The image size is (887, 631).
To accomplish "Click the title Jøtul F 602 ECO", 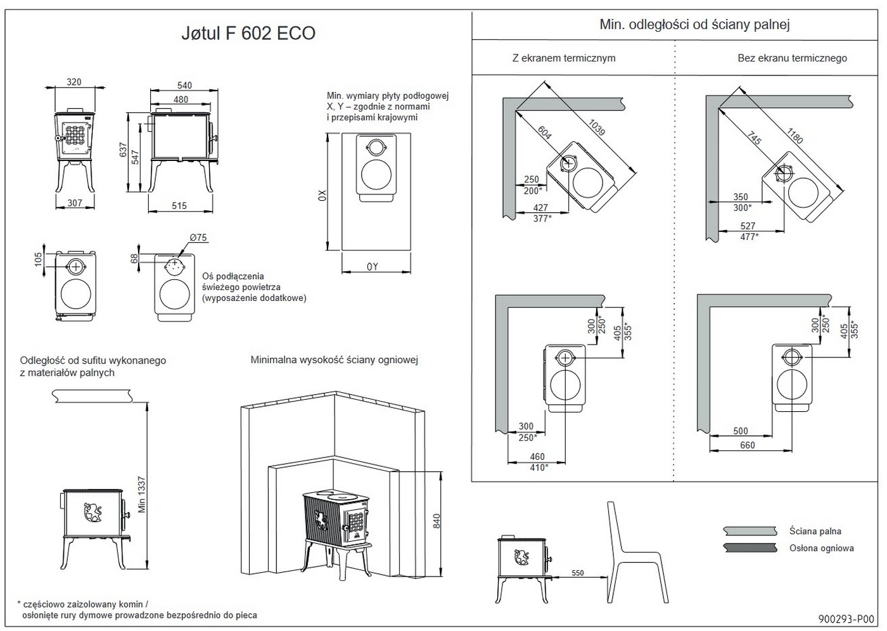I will pyautogui.click(x=248, y=34).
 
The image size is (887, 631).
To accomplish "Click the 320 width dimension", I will pyautogui.click(x=74, y=82).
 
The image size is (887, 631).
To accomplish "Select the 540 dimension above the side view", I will pyautogui.click(x=184, y=86).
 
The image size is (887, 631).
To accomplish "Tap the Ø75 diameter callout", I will pyautogui.click(x=198, y=238).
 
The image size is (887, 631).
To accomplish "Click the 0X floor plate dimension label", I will pyautogui.click(x=321, y=195).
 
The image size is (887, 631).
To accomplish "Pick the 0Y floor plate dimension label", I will pyautogui.click(x=373, y=267).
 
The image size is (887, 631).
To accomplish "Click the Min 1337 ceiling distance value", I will pyautogui.click(x=141, y=495).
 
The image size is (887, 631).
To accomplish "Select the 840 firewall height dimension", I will pyautogui.click(x=436, y=521).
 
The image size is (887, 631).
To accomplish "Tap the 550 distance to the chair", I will pyautogui.click(x=577, y=573).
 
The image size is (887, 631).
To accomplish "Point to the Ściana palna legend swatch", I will pyautogui.click(x=750, y=531).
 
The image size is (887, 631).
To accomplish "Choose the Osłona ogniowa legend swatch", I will pyautogui.click(x=750, y=548).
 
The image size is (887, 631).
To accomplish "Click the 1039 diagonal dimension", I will pyautogui.click(x=597, y=127).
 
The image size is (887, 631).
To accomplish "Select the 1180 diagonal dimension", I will pyautogui.click(x=794, y=135).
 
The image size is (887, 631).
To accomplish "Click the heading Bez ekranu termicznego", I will pyautogui.click(x=792, y=58).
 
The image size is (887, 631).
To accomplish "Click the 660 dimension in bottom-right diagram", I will pyautogui.click(x=748, y=445).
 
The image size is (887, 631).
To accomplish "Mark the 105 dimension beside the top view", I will pyautogui.click(x=39, y=258).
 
